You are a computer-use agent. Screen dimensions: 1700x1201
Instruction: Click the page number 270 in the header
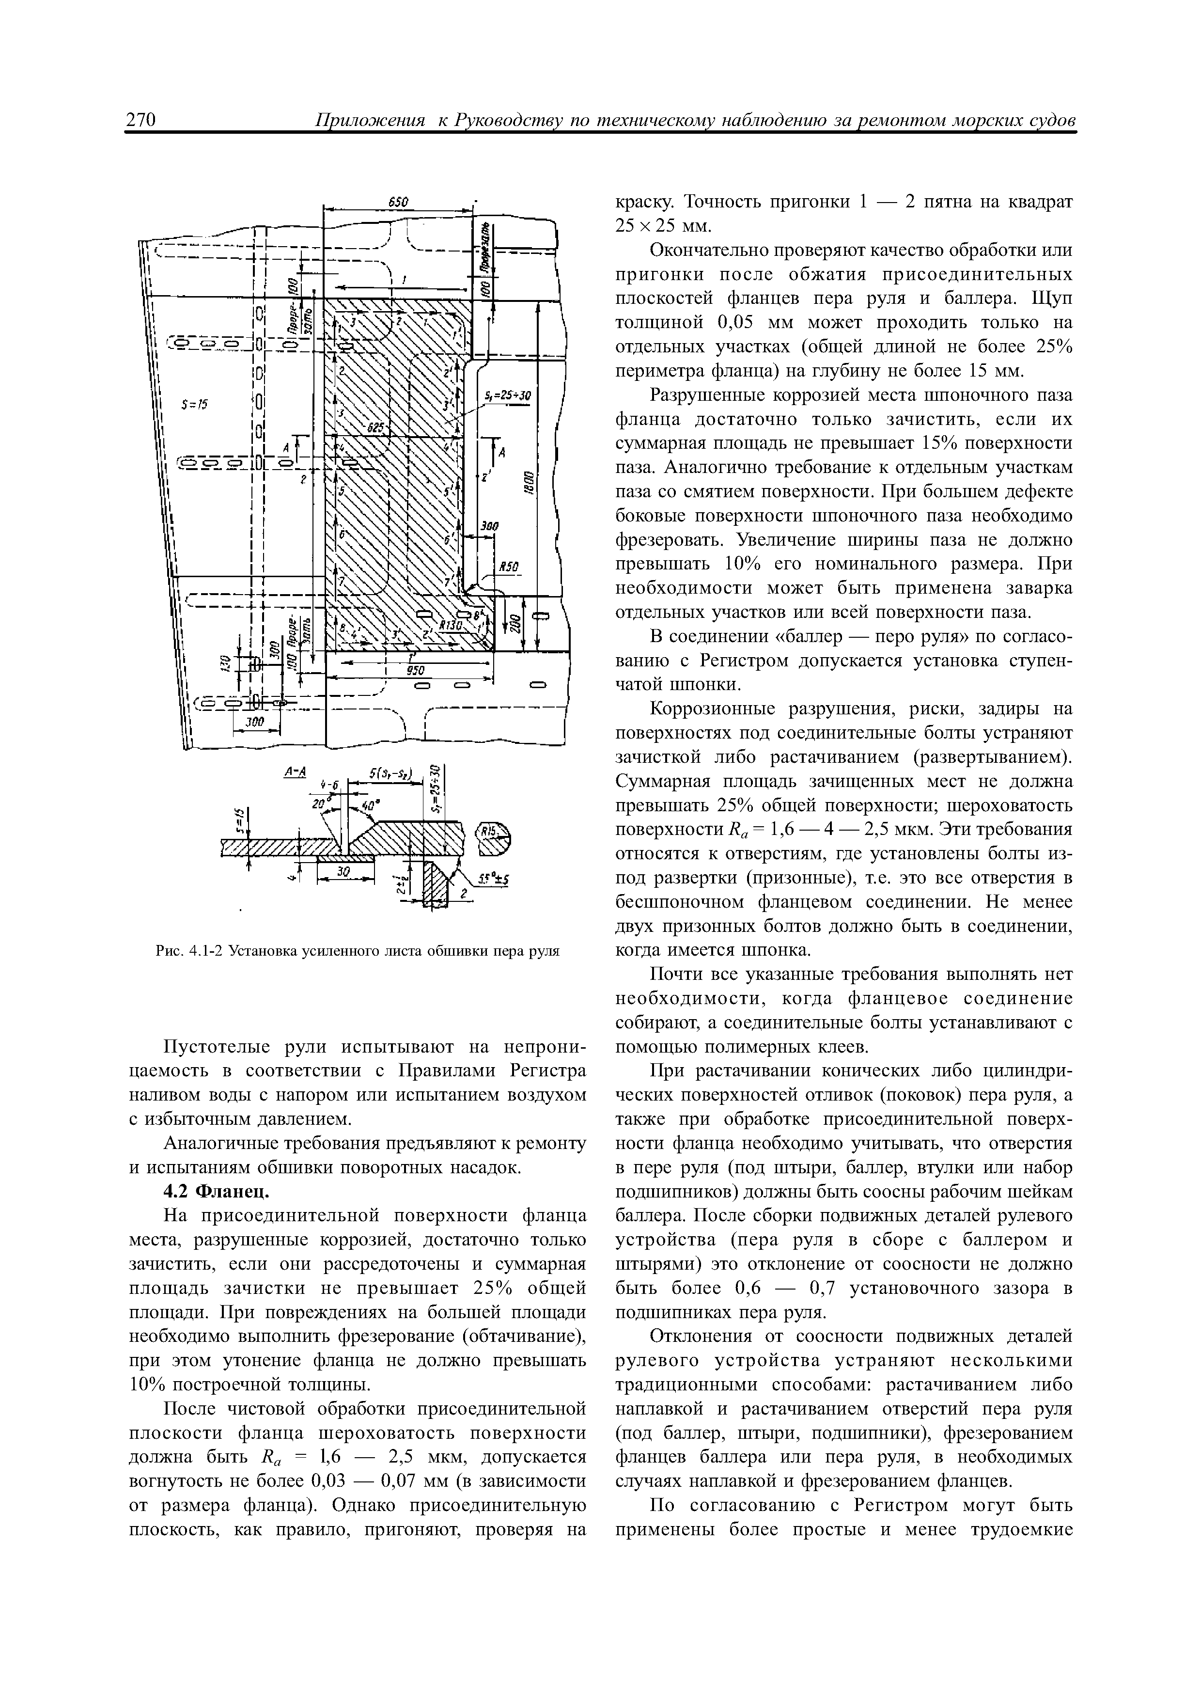tap(140, 120)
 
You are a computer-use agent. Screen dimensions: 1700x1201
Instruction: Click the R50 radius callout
tap(508, 567)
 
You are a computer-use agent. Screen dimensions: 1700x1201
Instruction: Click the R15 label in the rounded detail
tap(488, 833)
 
